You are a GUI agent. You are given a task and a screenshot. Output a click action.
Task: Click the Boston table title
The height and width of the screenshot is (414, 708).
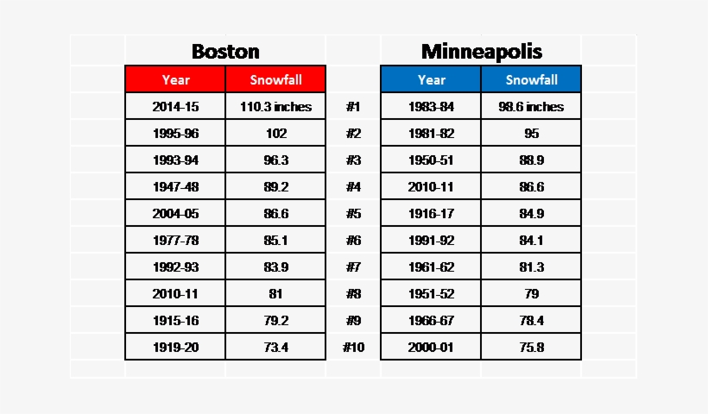[225, 51]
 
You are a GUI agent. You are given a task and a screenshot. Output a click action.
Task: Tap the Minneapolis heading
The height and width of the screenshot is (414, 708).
[481, 51]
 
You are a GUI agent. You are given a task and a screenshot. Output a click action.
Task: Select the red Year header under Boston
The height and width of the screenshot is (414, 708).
[175, 79]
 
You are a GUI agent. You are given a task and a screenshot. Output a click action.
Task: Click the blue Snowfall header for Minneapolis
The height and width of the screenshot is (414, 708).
[531, 79]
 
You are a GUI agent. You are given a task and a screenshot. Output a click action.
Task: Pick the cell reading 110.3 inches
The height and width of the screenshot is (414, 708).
[275, 107]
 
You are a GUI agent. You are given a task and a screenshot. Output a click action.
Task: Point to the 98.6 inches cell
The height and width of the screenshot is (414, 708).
[531, 107]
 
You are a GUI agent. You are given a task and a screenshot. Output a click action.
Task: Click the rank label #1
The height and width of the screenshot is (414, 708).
[352, 107]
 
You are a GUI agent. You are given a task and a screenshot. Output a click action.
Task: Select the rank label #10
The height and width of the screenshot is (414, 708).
[353, 348]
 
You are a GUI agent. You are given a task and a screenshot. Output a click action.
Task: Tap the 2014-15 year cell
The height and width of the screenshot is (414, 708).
[175, 107]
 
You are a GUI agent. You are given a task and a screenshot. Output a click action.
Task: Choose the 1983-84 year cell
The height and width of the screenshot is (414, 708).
[431, 107]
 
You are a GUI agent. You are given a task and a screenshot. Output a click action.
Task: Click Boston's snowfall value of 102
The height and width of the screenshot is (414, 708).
[275, 134]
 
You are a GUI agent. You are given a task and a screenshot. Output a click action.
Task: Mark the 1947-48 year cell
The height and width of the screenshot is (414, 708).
[175, 187]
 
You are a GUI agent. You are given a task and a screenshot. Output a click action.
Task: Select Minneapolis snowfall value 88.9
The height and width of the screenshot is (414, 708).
[531, 160]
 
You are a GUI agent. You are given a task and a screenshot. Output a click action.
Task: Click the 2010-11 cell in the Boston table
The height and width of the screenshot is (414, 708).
[175, 294]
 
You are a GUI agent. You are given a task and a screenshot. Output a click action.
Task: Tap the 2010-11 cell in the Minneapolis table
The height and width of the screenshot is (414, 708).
[431, 187]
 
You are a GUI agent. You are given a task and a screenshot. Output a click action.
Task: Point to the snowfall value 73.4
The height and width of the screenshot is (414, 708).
[275, 348]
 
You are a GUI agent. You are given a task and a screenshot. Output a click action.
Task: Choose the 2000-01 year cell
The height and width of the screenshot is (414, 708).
[431, 348]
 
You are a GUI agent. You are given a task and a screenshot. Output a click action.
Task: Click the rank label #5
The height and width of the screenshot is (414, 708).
[352, 214]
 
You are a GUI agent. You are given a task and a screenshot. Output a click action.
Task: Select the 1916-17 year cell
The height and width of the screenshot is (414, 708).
[431, 214]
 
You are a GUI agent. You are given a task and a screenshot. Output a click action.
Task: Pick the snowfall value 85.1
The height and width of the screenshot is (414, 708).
[275, 241]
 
